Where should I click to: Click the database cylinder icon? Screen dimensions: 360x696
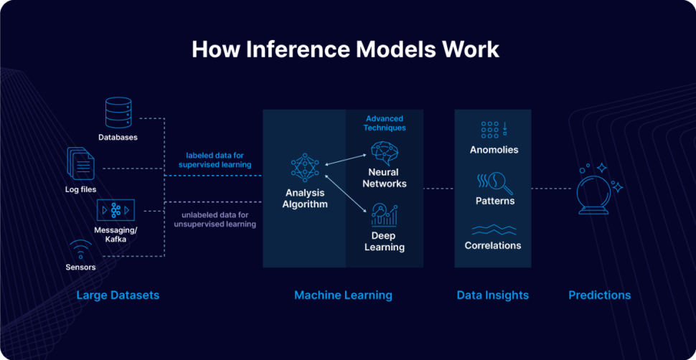pos(118,113)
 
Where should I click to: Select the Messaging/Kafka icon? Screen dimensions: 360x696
pos(116,210)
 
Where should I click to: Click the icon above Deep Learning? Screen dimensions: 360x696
pos(384,215)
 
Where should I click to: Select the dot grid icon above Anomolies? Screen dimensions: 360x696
pos(494,129)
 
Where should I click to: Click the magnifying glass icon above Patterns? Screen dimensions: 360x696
pos(495,183)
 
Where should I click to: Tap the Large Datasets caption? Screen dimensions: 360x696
pos(118,295)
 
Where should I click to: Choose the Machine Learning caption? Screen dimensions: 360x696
pos(343,295)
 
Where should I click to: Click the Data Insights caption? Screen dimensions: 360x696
pos(492,295)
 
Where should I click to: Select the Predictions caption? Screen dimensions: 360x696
pos(599,295)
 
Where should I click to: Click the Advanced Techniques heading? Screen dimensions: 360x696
pos(385,123)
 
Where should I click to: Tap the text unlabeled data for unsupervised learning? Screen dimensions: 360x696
pos(215,219)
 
